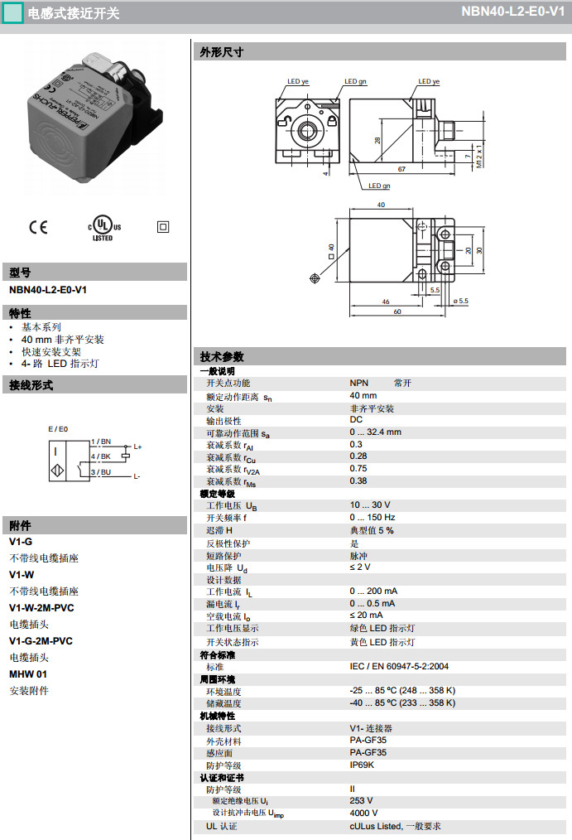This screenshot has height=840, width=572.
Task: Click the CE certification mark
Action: [x=38, y=227]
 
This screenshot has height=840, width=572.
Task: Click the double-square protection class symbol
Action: [x=163, y=226]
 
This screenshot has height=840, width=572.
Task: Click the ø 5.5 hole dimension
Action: [x=460, y=301]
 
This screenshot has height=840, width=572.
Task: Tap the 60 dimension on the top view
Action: [x=397, y=312]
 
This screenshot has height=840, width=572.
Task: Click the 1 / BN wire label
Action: [x=100, y=442]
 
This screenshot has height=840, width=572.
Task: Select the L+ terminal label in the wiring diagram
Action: [x=137, y=447]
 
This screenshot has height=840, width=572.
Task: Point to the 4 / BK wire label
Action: [x=100, y=456]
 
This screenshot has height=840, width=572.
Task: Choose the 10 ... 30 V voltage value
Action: [x=369, y=505]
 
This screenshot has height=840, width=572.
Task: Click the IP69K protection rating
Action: [x=363, y=765]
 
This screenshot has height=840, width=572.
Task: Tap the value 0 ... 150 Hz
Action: [x=372, y=518]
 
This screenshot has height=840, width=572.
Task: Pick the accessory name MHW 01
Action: [x=28, y=674]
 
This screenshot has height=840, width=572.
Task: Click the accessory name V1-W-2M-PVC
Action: [x=41, y=607]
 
